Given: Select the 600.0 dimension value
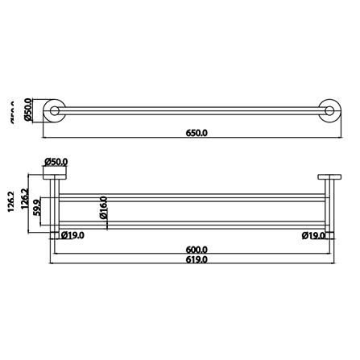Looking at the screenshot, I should coord(196,250).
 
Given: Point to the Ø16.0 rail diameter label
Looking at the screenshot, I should coord(105,212).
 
